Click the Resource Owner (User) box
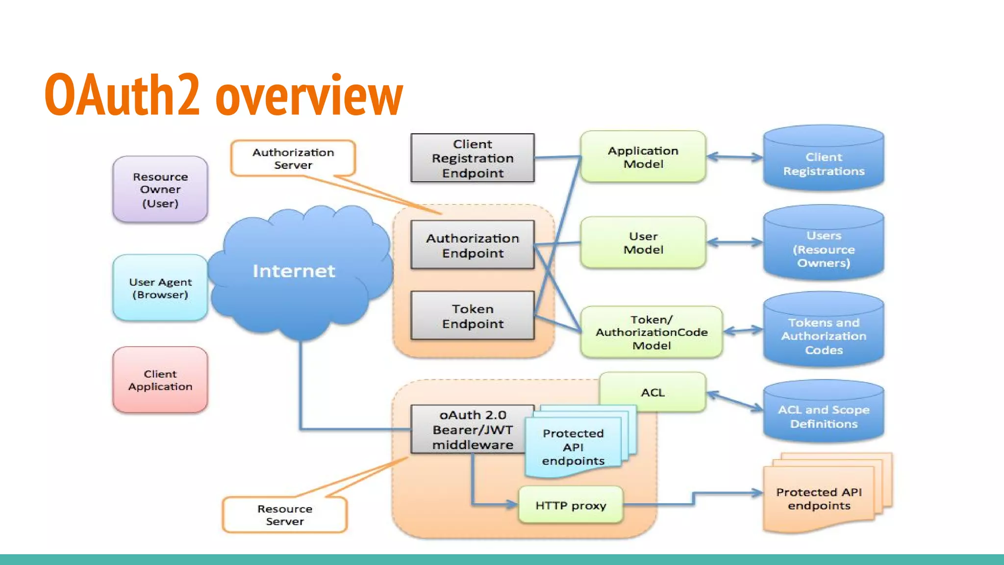click(160, 190)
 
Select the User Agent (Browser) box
click(160, 288)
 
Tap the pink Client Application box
click(160, 380)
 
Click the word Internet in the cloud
click(294, 271)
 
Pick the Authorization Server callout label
click(293, 158)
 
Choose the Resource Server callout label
click(284, 515)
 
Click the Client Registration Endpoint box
click(473, 158)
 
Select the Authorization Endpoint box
click(473, 245)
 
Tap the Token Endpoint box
click(473, 316)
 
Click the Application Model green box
click(643, 157)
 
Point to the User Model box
click(643, 243)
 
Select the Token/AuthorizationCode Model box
click(652, 332)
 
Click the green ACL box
click(653, 392)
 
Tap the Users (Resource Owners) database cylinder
click(824, 245)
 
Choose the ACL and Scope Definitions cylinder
click(824, 414)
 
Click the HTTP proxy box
click(571, 505)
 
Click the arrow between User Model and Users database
click(734, 242)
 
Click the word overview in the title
click(309, 96)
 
